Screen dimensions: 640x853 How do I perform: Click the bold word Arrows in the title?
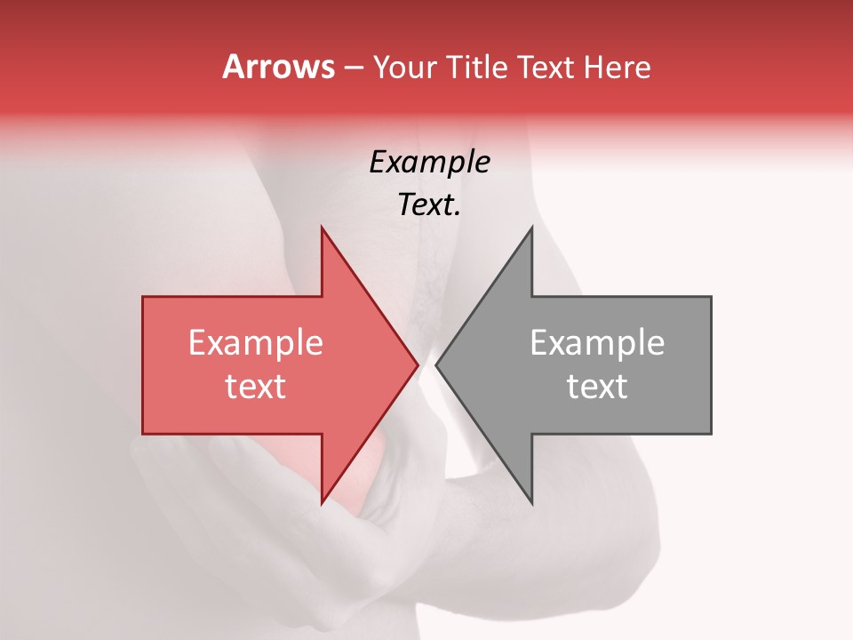(278, 67)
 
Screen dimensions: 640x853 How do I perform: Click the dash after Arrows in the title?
(354, 68)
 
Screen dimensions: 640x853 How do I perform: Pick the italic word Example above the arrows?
(429, 162)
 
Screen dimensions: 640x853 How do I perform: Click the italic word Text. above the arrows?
(429, 204)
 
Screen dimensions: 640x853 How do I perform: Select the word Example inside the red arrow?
(256, 342)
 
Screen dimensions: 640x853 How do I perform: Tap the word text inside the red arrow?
(256, 386)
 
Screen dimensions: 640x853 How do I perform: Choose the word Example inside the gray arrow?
(597, 342)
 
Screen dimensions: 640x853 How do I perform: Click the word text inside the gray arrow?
(597, 386)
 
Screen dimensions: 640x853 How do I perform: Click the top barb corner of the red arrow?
(322, 228)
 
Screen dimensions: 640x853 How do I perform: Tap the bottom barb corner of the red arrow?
(322, 503)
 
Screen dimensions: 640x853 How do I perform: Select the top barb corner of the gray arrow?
(531, 228)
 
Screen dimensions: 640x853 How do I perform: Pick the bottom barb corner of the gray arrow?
(531, 503)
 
